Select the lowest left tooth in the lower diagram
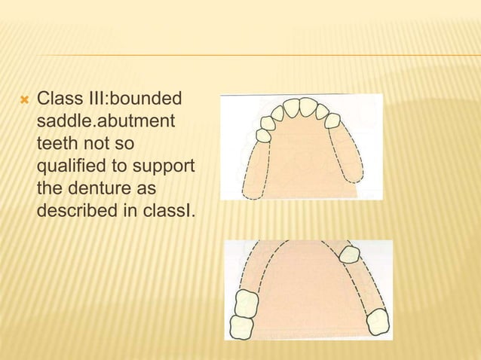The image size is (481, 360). (240, 327)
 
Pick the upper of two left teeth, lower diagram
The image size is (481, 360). (247, 304)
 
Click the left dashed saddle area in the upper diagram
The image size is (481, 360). (257, 169)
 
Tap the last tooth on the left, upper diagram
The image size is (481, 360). (264, 136)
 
